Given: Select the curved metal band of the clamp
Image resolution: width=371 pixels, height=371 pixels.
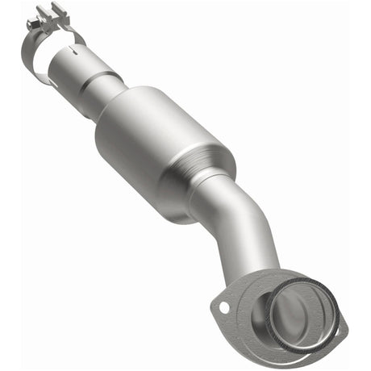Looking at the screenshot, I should click(x=33, y=60).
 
